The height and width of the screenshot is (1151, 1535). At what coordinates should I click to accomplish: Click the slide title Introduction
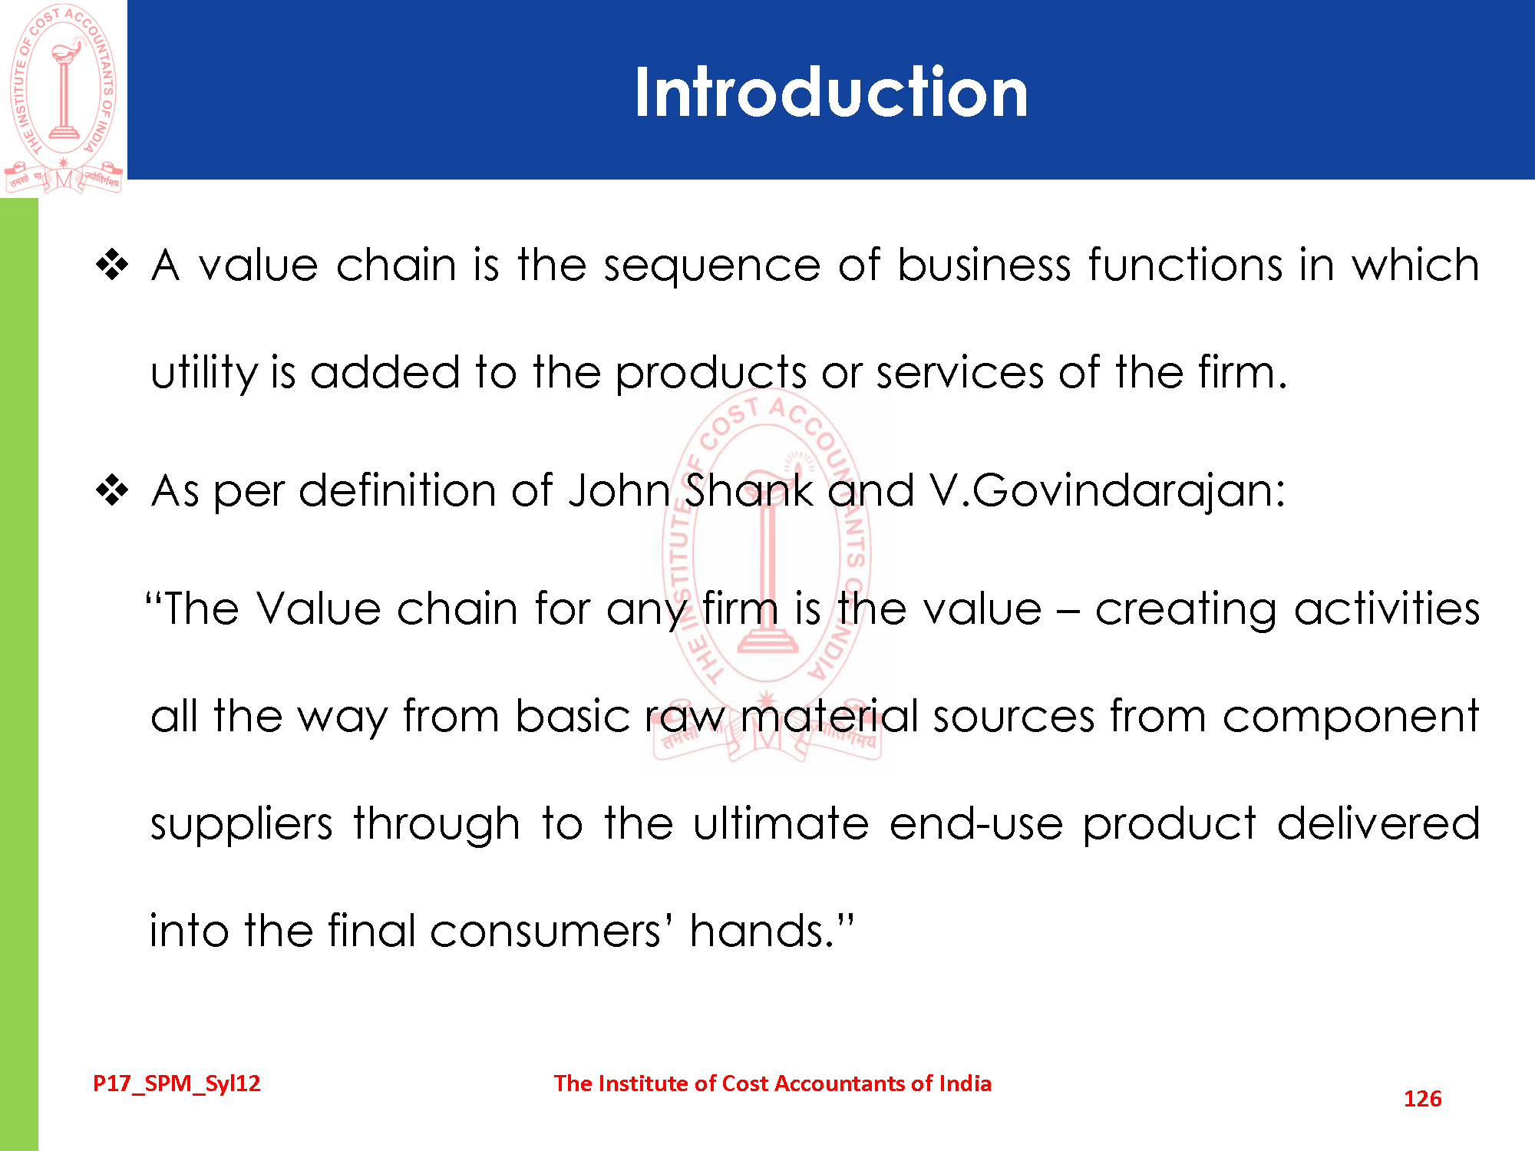[830, 92]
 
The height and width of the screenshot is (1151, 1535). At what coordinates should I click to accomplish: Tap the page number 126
[1422, 1099]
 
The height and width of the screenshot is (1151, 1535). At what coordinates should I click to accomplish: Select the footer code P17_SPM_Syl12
[177, 1083]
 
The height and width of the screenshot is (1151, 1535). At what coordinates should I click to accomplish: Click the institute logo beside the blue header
[64, 98]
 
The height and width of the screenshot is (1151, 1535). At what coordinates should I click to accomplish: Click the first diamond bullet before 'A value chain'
[112, 265]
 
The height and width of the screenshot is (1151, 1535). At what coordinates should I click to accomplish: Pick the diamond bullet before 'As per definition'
[112, 491]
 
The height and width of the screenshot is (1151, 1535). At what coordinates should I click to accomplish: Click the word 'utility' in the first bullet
[203, 373]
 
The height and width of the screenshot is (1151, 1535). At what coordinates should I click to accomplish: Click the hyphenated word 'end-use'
[976, 824]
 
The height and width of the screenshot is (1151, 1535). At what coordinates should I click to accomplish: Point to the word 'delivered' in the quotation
[1378, 824]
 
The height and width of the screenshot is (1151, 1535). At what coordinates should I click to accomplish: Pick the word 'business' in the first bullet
[984, 265]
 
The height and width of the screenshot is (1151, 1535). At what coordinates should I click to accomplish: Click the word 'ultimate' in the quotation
[781, 824]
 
